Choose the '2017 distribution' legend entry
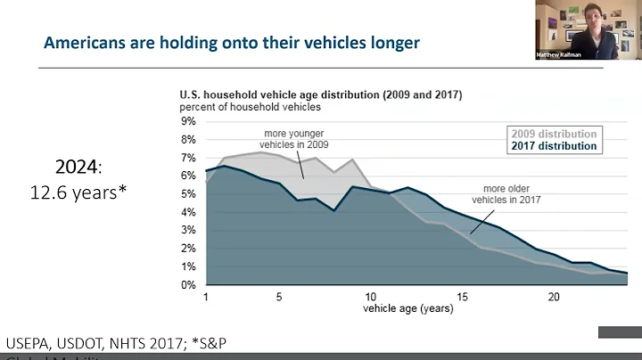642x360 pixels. [x=548, y=146]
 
